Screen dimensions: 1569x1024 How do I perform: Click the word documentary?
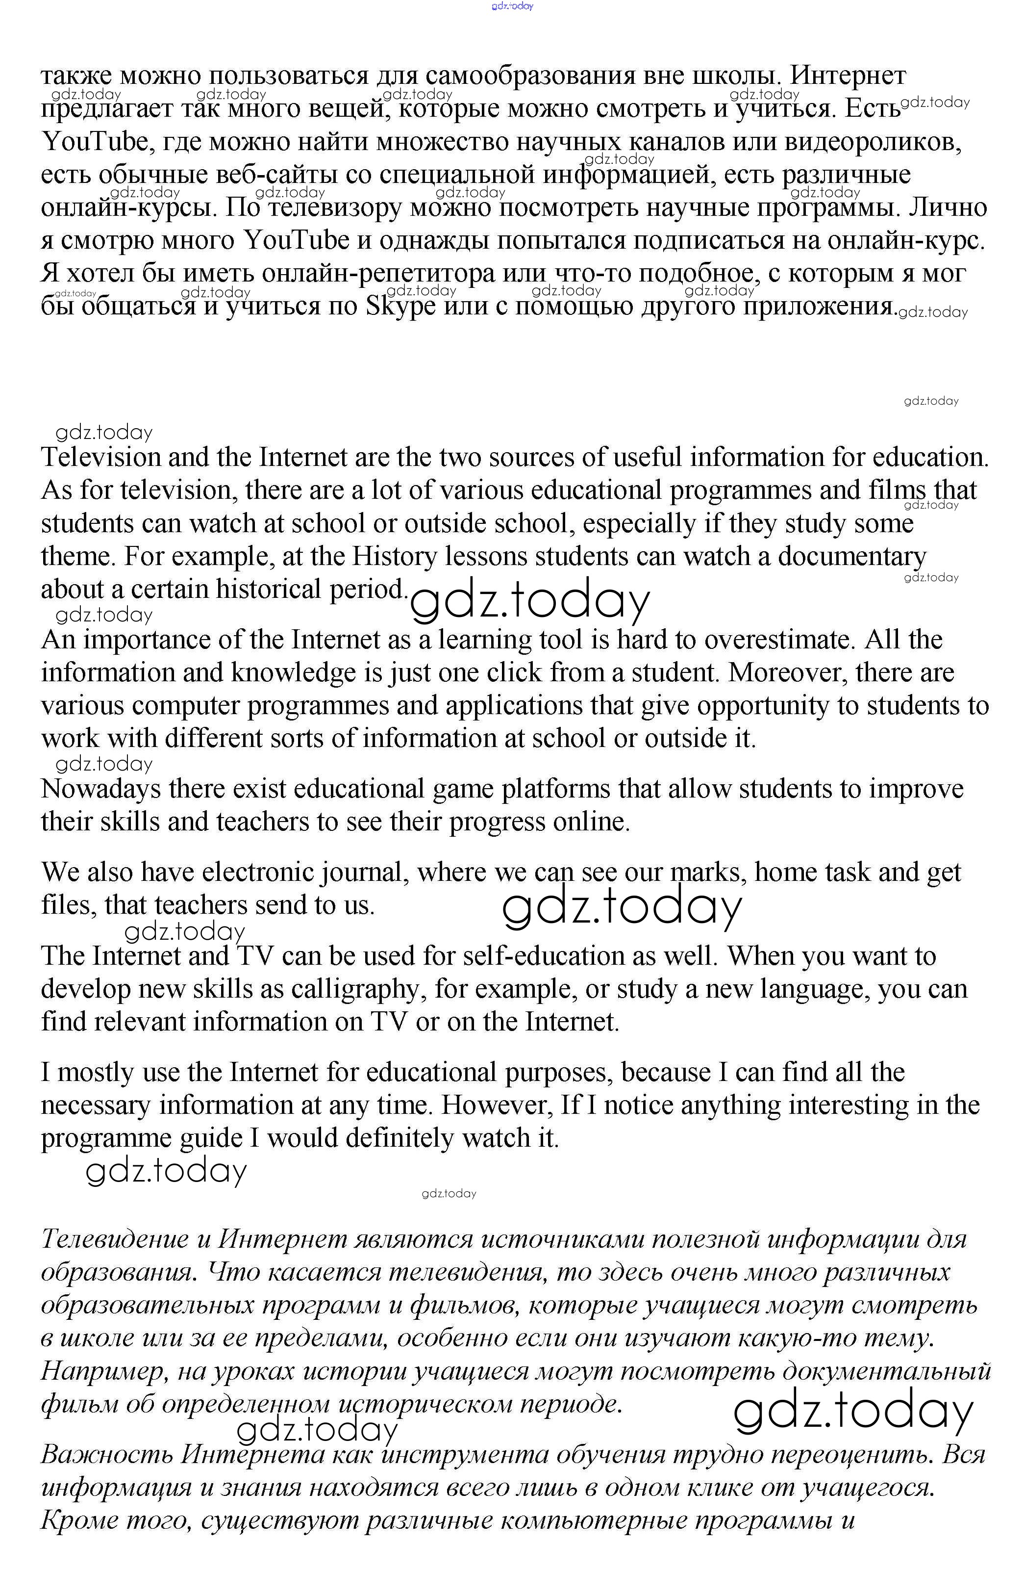[852, 558]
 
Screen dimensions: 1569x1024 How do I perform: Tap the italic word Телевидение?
[115, 1239]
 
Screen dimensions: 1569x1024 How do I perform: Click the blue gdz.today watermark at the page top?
[512, 6]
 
